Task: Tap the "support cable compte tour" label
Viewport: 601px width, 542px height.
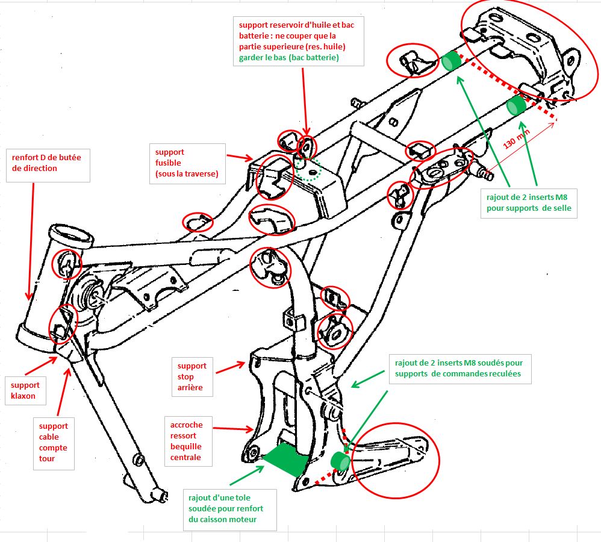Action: click(54, 442)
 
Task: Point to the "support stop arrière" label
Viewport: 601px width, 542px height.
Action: click(192, 376)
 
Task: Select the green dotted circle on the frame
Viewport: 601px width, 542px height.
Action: click(308, 170)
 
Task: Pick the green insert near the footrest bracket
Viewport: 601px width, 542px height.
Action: click(341, 461)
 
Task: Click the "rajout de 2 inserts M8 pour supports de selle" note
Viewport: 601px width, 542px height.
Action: click(528, 202)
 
